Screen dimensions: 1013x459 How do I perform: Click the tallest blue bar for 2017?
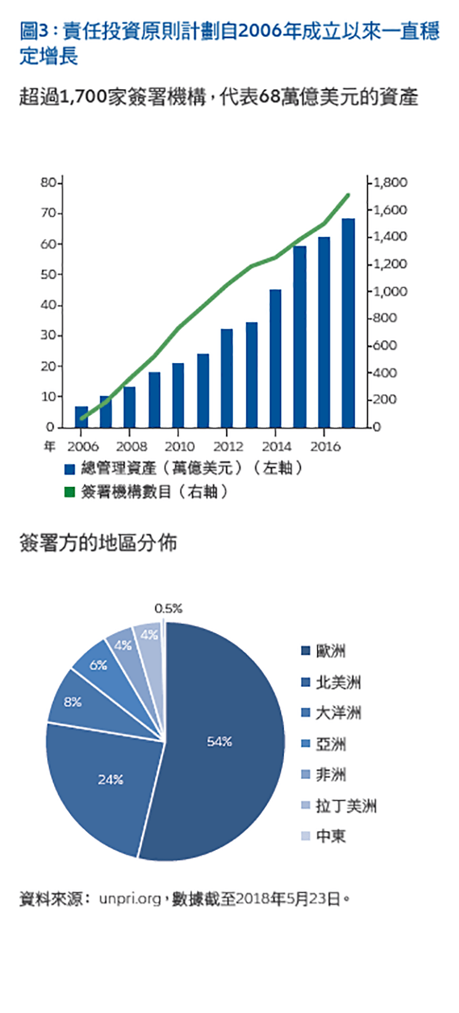point(348,323)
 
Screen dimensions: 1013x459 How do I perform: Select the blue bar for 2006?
point(82,417)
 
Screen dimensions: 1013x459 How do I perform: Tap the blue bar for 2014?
point(275,359)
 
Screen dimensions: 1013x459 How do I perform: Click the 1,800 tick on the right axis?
point(390,182)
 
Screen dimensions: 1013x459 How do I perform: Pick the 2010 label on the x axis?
point(179,446)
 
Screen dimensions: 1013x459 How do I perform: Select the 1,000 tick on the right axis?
point(390,291)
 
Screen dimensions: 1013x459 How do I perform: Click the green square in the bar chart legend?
point(69,492)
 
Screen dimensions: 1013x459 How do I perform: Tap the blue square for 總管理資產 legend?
point(69,469)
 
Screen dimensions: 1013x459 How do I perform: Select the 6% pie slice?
point(98,665)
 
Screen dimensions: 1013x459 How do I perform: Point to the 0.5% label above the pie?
point(168,609)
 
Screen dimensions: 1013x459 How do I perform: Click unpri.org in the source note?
point(130,899)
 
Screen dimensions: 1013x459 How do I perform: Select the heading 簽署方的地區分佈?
point(98,543)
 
